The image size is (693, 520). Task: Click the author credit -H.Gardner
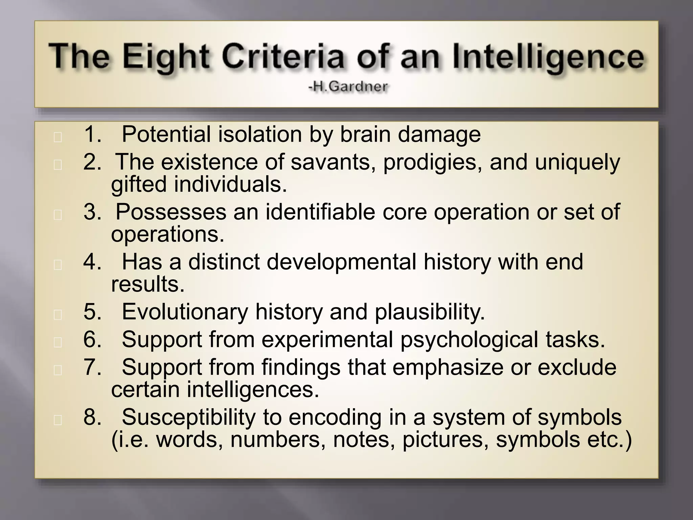tap(348, 87)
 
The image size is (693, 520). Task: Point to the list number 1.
tap(92, 134)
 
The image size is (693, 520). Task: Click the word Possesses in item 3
tap(171, 212)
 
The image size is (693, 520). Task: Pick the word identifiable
tap(320, 212)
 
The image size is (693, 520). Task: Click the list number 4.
tap(92, 262)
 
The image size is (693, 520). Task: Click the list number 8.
tap(92, 417)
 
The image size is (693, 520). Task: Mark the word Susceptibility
tap(188, 417)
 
